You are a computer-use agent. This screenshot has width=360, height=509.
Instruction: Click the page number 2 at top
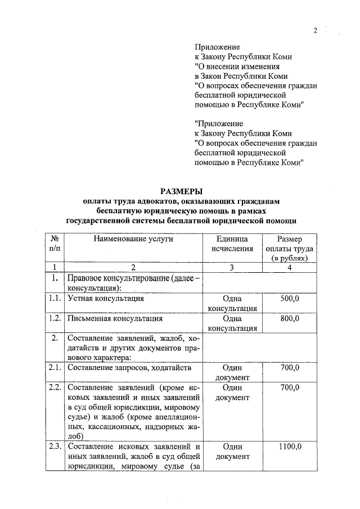[x=316, y=30]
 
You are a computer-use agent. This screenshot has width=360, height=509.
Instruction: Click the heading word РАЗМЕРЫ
[x=181, y=191]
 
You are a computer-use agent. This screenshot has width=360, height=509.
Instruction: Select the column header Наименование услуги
[x=134, y=238]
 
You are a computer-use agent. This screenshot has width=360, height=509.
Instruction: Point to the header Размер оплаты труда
[x=289, y=248]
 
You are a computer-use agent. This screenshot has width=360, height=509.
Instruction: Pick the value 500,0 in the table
[x=290, y=299]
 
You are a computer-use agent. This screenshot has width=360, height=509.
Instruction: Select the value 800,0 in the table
[x=290, y=318]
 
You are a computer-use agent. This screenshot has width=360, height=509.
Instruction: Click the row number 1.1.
[x=55, y=299]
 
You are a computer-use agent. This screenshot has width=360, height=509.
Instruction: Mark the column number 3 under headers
[x=232, y=267]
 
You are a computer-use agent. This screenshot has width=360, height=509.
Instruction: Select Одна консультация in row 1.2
[x=232, y=323]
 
